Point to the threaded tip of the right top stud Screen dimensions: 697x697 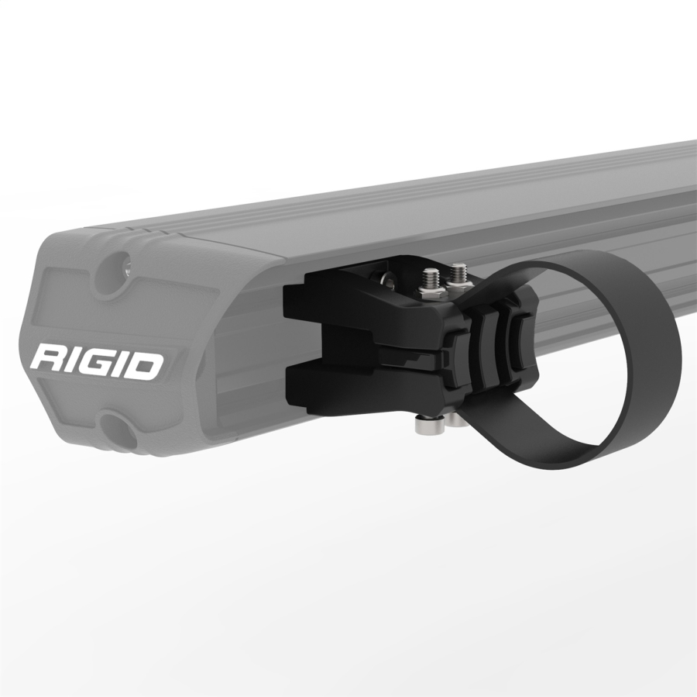[458, 271]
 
